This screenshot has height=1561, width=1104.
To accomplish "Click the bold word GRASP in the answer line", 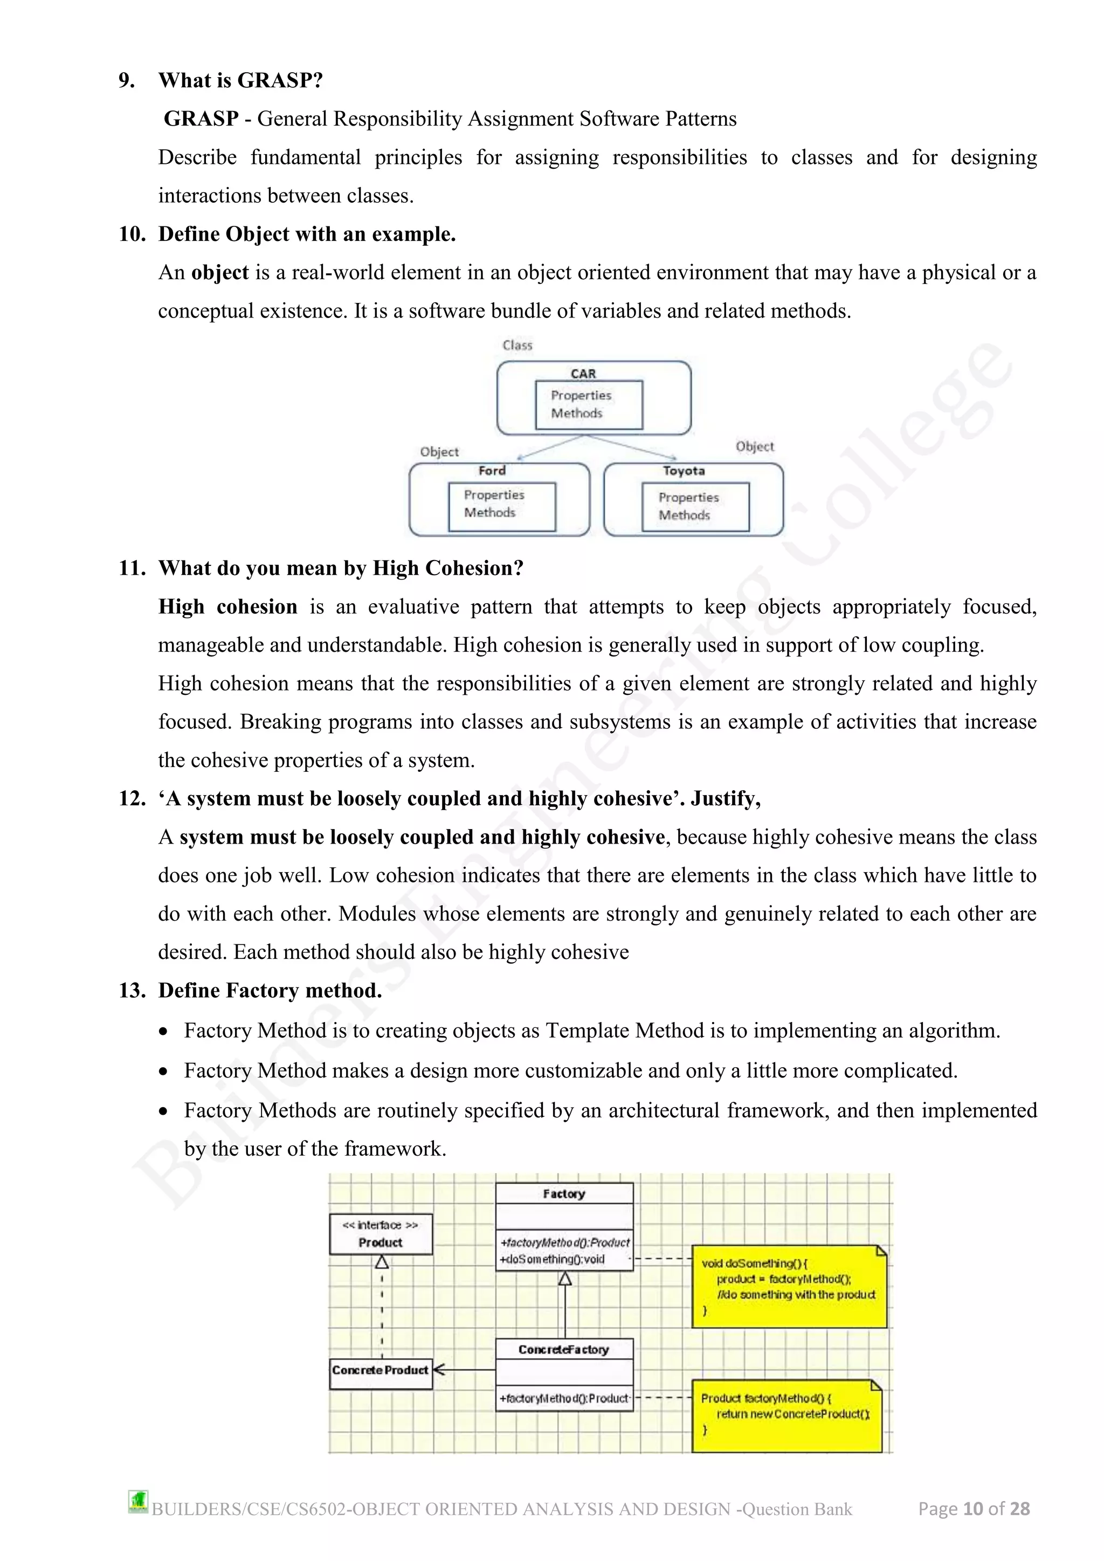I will (x=201, y=119).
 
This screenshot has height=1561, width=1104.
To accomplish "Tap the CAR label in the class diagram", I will (x=583, y=373).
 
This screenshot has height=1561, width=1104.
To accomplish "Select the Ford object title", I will (x=492, y=471).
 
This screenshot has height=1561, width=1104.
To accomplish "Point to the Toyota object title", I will (x=683, y=471).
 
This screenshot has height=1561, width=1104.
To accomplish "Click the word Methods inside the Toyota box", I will (x=684, y=515).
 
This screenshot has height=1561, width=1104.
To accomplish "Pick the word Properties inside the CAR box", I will (x=581, y=395).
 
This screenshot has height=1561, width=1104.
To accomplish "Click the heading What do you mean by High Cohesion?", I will (x=341, y=568).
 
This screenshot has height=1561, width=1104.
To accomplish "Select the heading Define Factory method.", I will (x=270, y=991).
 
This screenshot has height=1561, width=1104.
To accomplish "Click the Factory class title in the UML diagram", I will (x=563, y=1194).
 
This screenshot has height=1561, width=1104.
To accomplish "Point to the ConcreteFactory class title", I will (x=563, y=1350).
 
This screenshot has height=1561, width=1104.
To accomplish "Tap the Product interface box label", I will (x=380, y=1242).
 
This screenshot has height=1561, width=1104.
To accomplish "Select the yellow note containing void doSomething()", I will (x=789, y=1287).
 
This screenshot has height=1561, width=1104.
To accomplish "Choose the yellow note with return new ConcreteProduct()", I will (x=786, y=1415).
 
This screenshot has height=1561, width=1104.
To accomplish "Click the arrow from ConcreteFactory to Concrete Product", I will (x=464, y=1370).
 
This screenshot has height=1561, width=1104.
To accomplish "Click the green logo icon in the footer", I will (x=138, y=1501).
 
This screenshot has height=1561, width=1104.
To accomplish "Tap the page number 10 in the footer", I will (x=973, y=1509).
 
